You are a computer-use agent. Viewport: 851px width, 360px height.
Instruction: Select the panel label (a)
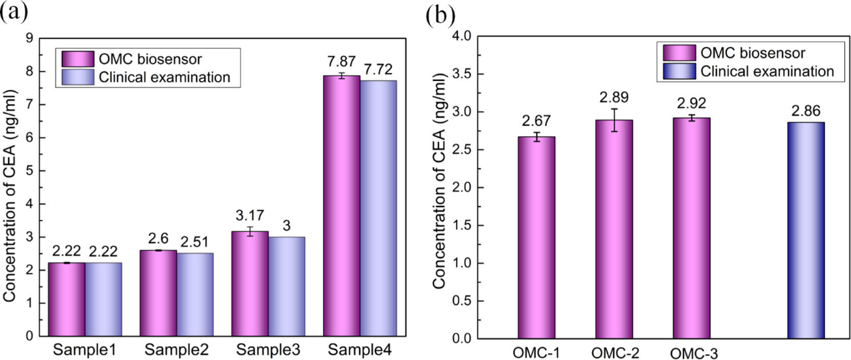click(x=14, y=12)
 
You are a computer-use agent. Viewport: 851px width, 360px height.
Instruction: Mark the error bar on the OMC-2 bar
click(x=614, y=120)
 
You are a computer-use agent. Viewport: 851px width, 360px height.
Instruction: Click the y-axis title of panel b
click(x=439, y=201)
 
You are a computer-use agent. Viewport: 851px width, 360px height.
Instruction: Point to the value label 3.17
click(x=249, y=217)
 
